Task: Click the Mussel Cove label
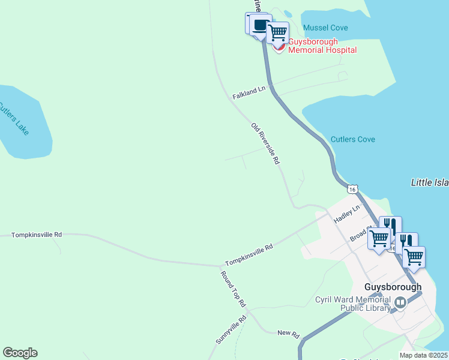[x=325, y=28]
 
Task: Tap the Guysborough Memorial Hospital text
[x=322, y=46]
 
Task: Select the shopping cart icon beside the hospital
[x=278, y=32]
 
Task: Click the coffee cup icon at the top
[x=260, y=25]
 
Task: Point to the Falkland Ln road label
[x=249, y=93]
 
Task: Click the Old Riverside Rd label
[x=266, y=144]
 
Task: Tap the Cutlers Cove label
[x=353, y=140]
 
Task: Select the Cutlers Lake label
[x=13, y=119]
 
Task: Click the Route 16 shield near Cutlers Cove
[x=352, y=189]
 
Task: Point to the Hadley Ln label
[x=346, y=214]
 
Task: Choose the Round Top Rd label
[x=233, y=289]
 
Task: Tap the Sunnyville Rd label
[x=231, y=330]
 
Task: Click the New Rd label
[x=288, y=333]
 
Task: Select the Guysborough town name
[x=393, y=287]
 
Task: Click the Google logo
[x=20, y=353]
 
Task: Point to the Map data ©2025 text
[x=424, y=355]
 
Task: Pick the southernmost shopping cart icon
[x=414, y=257]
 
